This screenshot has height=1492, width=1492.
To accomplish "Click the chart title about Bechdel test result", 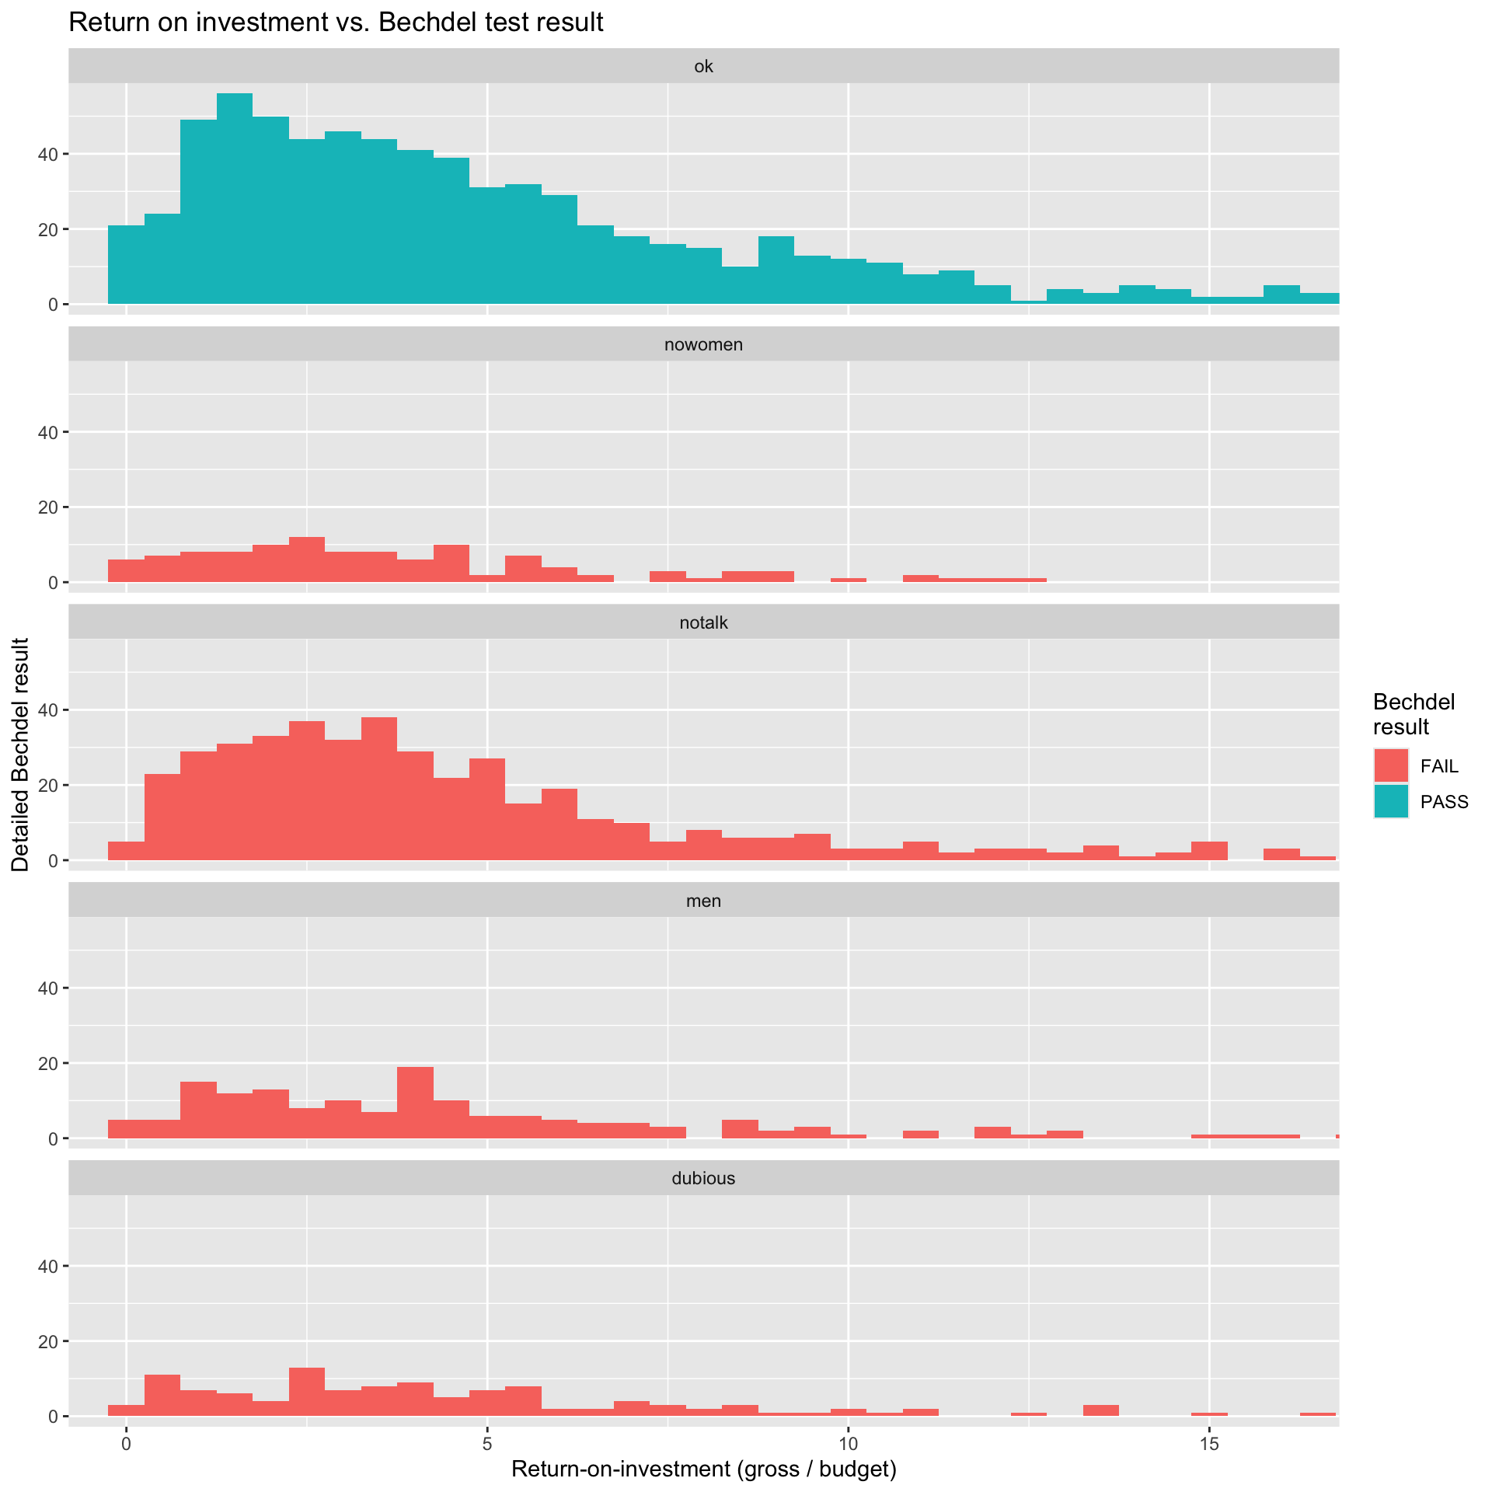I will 336,23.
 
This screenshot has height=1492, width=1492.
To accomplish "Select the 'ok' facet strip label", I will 703,67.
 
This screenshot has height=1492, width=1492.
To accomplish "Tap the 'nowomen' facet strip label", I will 703,344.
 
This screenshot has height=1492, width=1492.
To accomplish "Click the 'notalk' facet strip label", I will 703,622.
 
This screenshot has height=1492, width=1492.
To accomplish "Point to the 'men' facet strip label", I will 703,901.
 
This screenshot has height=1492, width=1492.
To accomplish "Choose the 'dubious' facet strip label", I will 703,1178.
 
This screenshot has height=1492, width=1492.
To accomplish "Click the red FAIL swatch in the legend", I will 1390,766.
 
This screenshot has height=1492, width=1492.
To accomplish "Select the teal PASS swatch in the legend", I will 1390,802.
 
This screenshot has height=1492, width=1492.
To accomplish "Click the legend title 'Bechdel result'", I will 1414,714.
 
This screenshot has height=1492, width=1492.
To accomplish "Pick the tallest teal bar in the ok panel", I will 235,198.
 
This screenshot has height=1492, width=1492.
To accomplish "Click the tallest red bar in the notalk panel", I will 379,789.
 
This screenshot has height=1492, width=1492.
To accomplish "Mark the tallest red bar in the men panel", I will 415,1103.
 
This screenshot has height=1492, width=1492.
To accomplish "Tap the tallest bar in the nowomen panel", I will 307,559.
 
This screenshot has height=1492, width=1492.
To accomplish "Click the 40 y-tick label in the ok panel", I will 48,154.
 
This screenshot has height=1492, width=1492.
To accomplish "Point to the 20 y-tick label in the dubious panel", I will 48,1342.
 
